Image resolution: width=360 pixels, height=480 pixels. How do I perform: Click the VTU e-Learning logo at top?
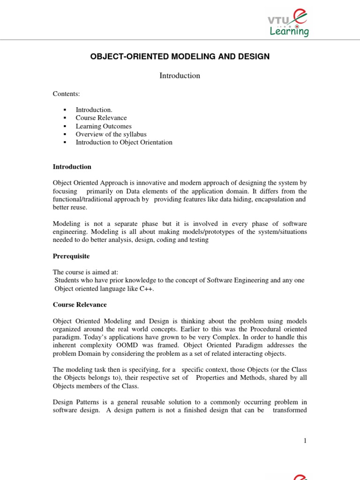287,23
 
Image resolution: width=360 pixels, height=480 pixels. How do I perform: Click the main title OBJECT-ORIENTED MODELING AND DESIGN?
180,57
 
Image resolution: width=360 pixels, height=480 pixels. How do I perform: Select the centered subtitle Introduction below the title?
180,75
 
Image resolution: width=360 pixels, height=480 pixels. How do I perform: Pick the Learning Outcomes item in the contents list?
104,126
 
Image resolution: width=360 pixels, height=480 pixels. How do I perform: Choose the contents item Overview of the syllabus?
108,134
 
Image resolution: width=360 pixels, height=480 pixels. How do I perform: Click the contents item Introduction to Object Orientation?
124,142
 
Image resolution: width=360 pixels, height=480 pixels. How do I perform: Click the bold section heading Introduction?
72,167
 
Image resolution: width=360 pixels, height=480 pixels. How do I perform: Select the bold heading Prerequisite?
71,256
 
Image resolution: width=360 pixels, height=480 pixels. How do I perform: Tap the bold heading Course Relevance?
80,305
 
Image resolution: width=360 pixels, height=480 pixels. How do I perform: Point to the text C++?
145,289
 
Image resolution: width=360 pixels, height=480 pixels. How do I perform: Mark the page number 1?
305,441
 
